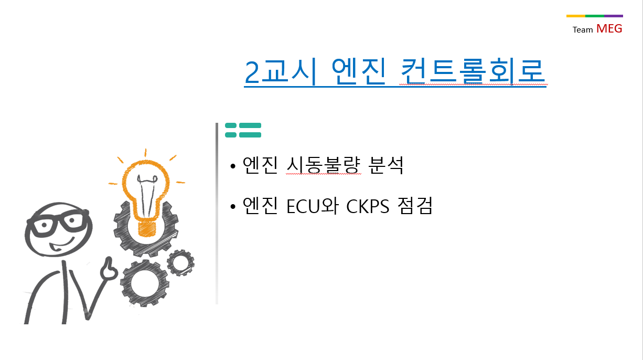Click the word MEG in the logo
(609, 29)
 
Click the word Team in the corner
(583, 30)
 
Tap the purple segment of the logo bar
(614, 16)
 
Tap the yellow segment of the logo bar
(575, 16)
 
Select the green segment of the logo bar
(595, 16)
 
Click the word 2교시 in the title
(281, 71)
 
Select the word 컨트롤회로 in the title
(473, 71)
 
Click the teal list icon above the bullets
(243, 130)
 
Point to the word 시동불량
(324, 165)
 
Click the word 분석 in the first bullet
(386, 165)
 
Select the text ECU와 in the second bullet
(313, 206)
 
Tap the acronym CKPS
(368, 206)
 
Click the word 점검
(415, 206)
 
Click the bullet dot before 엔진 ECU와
(233, 206)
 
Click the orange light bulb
(146, 195)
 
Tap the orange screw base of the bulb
(147, 229)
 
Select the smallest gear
(180, 263)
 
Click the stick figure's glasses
(57, 223)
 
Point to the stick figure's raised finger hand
(109, 269)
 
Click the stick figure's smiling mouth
(61, 245)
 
